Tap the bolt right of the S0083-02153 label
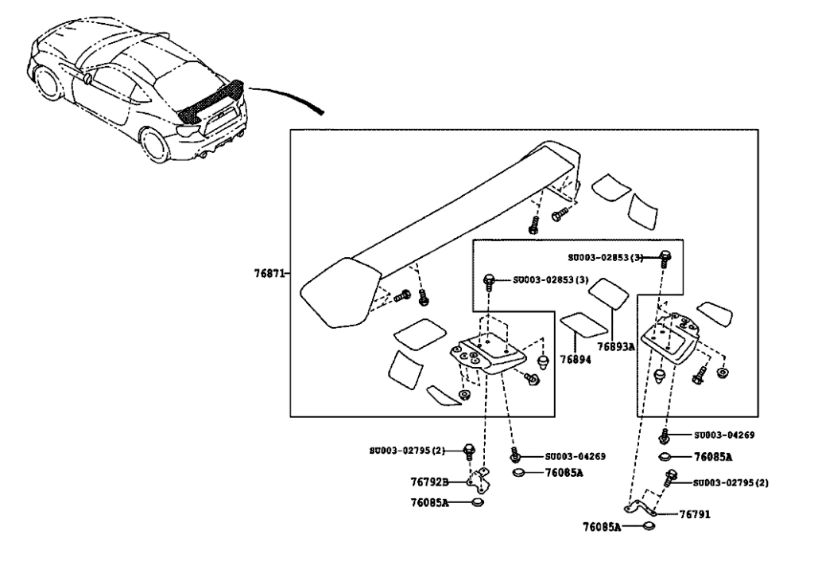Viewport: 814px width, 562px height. (x=668, y=256)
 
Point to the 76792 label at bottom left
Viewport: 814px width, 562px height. (x=429, y=482)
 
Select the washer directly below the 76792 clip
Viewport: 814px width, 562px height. (x=479, y=502)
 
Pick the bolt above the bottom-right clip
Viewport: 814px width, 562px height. (x=670, y=478)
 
